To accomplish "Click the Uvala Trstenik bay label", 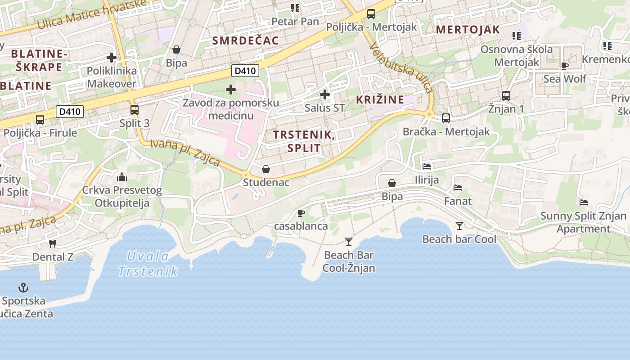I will pos(148,264).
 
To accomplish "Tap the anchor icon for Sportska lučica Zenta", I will pos(23,287).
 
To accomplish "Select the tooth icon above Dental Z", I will pos(52,243).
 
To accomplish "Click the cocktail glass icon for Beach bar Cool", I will pos(459,225).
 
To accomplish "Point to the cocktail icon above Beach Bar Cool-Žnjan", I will pos(349,242).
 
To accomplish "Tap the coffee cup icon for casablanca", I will pos(301,213).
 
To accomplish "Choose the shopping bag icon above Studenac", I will pos(266,169).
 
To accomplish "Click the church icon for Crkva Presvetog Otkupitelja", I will pos(122,176).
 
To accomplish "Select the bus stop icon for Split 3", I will pos(134,109).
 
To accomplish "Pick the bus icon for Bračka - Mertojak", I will pos(446,118).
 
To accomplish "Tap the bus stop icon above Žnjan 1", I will pos(506,95).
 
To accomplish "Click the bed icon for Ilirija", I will pos(427,166).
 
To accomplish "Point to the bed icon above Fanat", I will pos(458,187).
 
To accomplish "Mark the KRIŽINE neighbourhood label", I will pos(380,99).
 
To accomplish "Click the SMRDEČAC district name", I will pos(245,40).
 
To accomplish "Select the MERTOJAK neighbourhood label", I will pos(468,30).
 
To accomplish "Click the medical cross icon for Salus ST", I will pos(324,94).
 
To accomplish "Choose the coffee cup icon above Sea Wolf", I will pos(564,66).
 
